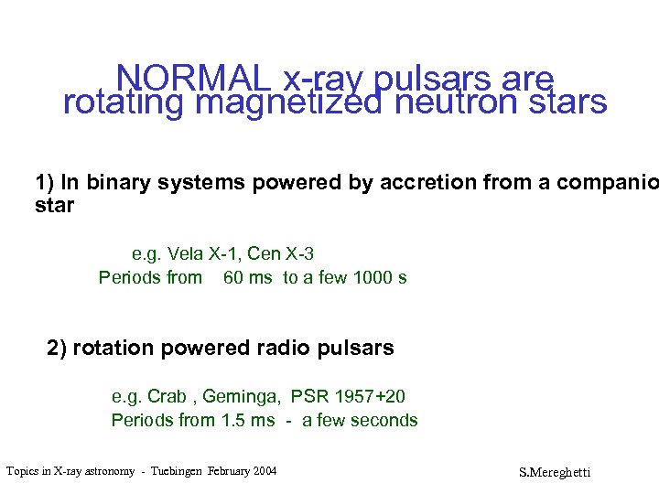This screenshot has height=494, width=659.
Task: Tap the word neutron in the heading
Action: pos(452,102)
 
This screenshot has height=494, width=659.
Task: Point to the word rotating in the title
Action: pos(123,102)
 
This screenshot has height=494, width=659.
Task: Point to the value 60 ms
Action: pos(247,277)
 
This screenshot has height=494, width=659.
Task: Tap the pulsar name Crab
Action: pos(167,396)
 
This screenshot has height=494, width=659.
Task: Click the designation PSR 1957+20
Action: pos(348,396)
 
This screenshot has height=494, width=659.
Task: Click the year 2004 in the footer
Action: pos(261,471)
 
